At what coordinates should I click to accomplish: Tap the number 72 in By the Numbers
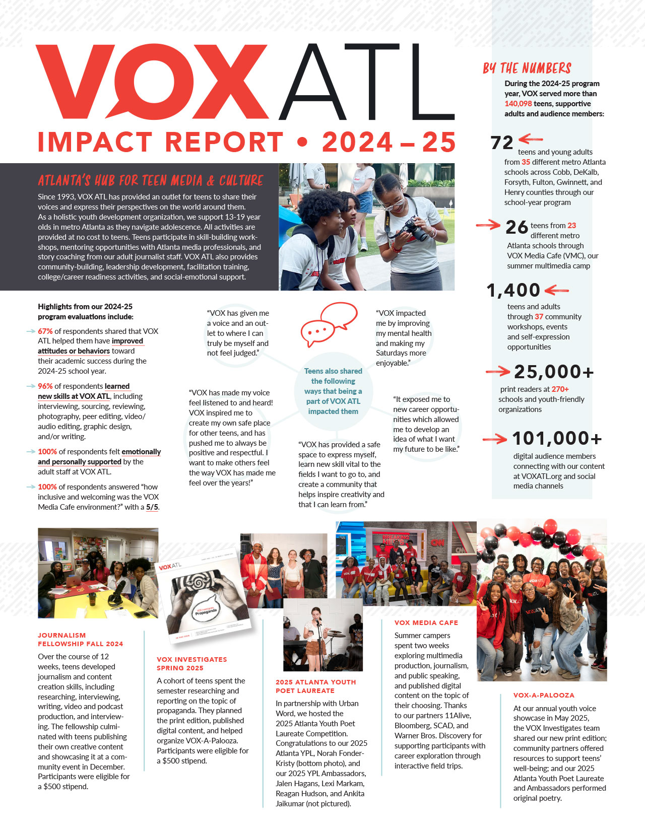click(502, 143)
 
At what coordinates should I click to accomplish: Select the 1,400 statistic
click(513, 290)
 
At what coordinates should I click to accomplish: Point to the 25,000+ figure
click(554, 372)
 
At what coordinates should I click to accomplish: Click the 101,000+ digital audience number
click(557, 439)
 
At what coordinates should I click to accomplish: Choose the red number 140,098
click(518, 104)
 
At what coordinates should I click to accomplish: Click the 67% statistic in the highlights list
click(45, 331)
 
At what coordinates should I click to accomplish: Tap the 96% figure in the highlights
click(45, 386)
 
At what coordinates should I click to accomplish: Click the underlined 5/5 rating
click(152, 507)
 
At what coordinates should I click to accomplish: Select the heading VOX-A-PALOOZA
click(544, 695)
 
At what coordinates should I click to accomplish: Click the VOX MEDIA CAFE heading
click(426, 623)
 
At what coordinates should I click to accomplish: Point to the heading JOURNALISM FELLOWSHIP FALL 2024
click(80, 640)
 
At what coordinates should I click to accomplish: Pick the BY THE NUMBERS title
click(527, 68)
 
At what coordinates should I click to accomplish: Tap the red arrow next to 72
click(531, 138)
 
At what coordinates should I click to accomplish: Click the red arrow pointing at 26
click(488, 225)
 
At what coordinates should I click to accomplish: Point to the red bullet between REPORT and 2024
click(302, 143)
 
